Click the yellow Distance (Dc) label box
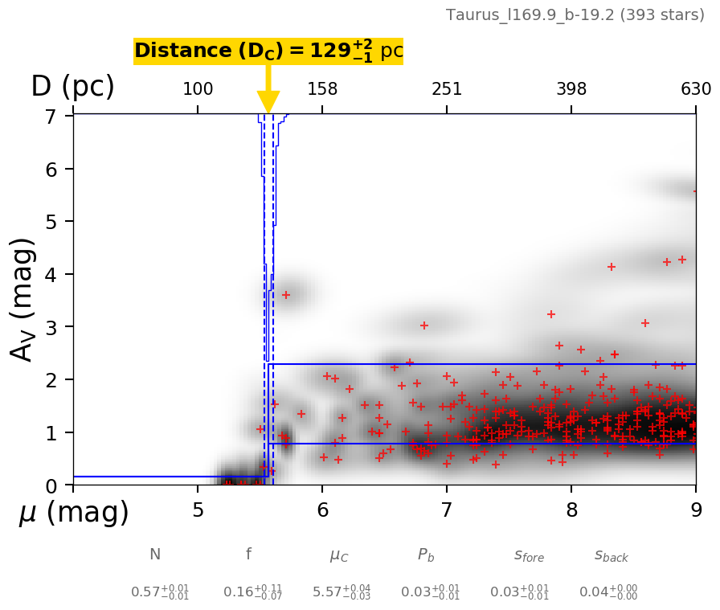268,51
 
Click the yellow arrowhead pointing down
268,102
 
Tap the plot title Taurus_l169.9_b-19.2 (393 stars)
575,15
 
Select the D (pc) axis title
72,87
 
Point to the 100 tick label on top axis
198,89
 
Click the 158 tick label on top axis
322,89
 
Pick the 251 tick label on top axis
447,89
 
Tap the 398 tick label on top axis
571,89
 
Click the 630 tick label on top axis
696,89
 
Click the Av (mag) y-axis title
23,299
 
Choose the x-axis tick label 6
322,510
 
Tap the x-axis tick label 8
571,510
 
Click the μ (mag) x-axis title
74,513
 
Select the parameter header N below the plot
155,555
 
